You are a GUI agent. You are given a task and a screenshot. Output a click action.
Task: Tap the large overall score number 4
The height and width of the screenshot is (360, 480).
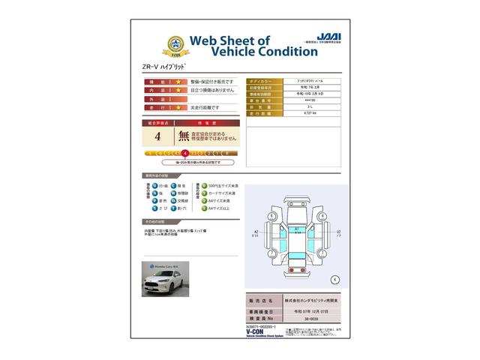coord(157,136)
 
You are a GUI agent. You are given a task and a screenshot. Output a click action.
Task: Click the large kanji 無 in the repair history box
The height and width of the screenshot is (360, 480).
coord(183,136)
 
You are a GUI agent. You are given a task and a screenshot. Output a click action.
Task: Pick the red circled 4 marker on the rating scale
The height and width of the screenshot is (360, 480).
coord(184,152)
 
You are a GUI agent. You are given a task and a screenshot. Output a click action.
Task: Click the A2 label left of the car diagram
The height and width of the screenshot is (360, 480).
coord(256,232)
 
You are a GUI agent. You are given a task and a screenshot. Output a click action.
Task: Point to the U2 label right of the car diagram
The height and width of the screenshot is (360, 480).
coord(339,232)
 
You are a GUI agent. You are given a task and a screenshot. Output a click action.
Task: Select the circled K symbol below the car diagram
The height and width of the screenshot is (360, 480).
coord(334,279)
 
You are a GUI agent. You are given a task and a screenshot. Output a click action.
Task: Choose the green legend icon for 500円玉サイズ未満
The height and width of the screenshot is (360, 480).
coord(198,184)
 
